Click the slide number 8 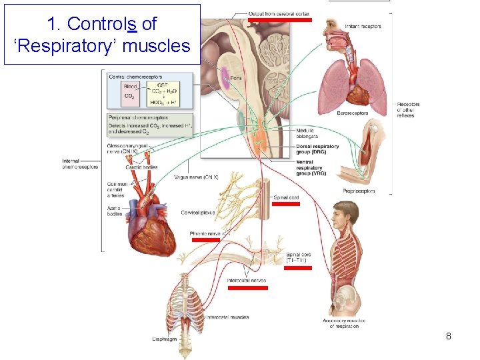click(449, 337)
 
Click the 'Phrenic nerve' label click(205, 234)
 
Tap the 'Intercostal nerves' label click(247, 281)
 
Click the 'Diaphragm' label click(164, 339)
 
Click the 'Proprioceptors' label click(359, 191)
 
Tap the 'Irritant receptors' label click(363, 27)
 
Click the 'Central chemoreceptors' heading click(135, 77)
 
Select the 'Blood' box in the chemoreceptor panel click(131, 86)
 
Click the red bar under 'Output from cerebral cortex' click(280, 20)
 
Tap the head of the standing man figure click(346, 213)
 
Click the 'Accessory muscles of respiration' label click(343, 323)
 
